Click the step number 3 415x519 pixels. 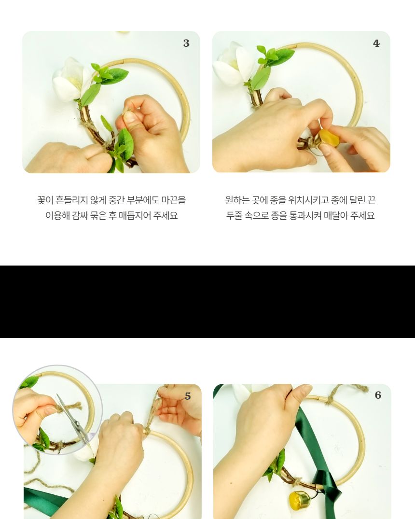click(186, 43)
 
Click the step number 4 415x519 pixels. click(376, 43)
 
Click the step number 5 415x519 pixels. click(188, 396)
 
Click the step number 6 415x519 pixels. click(378, 395)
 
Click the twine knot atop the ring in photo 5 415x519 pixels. click(147, 429)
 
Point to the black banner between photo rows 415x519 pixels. click(207, 301)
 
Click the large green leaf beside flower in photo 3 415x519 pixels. click(115, 76)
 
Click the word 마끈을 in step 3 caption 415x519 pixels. click(174, 200)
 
